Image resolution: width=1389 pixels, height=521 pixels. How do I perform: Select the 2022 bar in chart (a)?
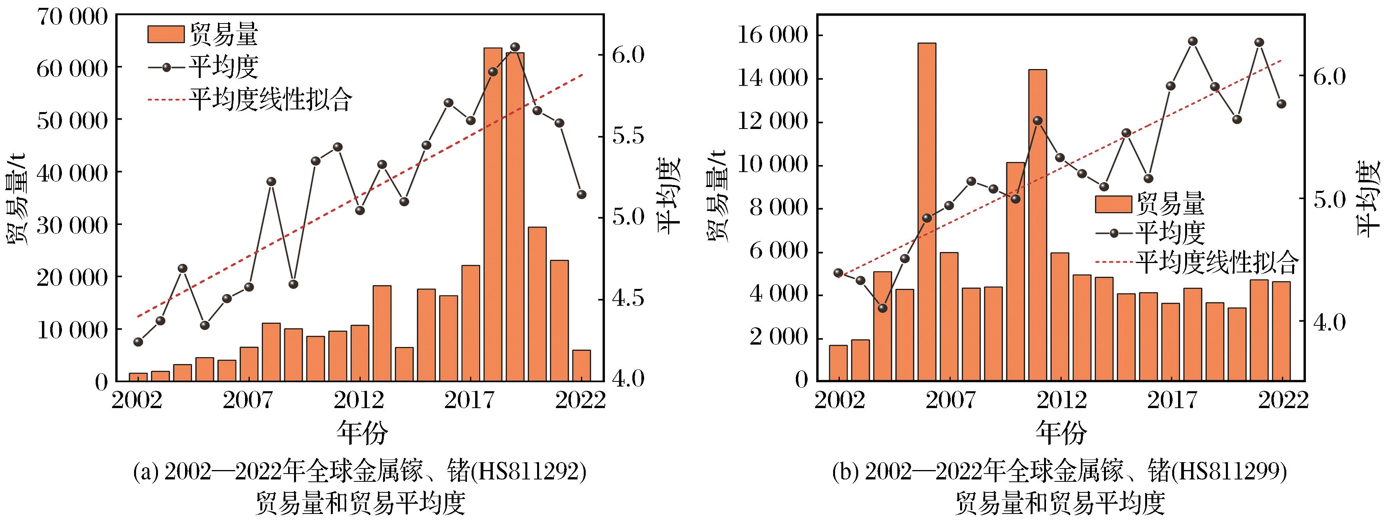click(x=581, y=366)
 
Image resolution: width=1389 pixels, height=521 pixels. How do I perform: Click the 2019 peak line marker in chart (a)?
click(x=514, y=47)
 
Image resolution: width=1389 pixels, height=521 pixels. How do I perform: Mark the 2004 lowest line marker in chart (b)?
click(x=882, y=309)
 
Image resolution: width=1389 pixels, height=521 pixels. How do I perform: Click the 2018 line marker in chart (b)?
click(x=1193, y=42)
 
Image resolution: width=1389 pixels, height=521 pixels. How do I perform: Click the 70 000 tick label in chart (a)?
click(x=72, y=17)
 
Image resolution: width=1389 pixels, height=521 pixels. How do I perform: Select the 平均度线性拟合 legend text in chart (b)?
click(x=1217, y=262)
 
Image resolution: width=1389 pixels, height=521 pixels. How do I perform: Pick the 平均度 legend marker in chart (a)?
click(x=166, y=67)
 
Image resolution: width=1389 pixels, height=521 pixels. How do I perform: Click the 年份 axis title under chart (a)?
click(x=362, y=432)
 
